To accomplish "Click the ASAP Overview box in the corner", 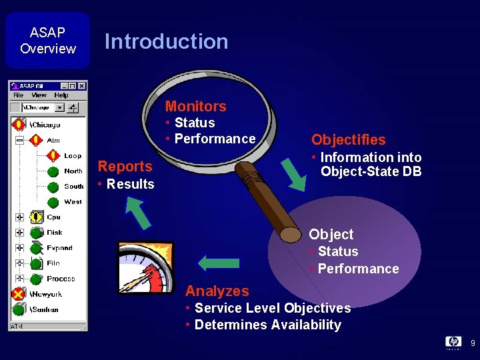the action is [x=47, y=41].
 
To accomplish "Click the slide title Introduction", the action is [x=166, y=41].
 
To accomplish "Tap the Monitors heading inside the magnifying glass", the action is [x=195, y=106].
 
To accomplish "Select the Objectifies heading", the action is [x=348, y=139].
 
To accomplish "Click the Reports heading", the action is [x=125, y=166].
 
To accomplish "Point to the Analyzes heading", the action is [x=217, y=291].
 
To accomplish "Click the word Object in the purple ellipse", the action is [x=331, y=234].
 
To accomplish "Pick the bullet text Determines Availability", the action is [x=267, y=325].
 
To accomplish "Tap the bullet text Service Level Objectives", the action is [x=272, y=308].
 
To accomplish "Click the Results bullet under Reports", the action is [x=130, y=184].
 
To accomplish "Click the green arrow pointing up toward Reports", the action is [x=138, y=214].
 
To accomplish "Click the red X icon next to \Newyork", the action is [x=19, y=294].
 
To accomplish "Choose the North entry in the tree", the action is [x=73, y=171].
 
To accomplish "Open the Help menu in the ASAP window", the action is [x=61, y=95].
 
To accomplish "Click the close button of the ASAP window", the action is [x=82, y=86].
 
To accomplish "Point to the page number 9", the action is [x=472, y=343].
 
